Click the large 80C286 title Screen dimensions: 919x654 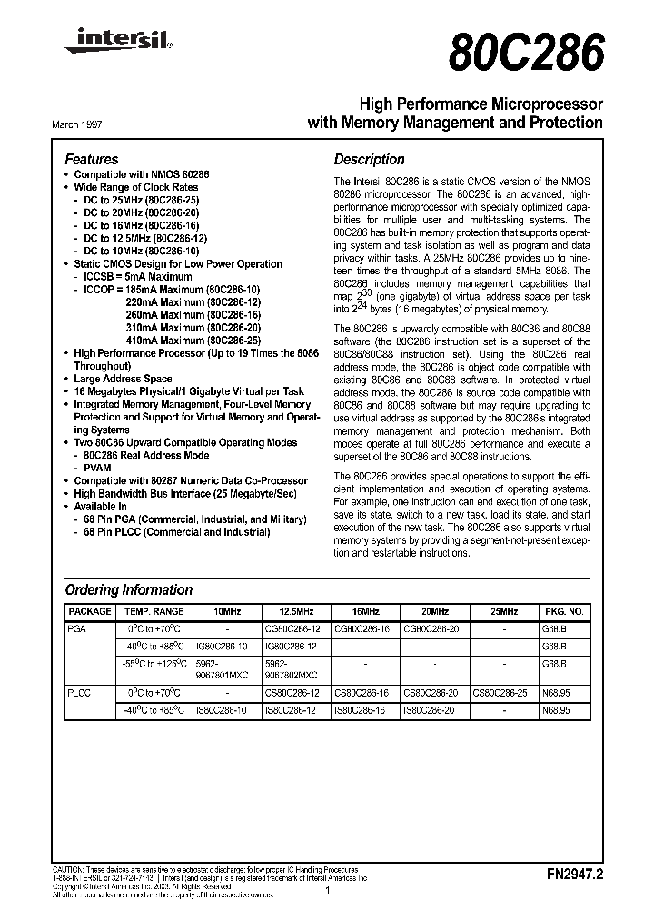[526, 52]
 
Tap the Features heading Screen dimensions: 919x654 [92, 159]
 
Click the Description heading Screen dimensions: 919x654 [369, 159]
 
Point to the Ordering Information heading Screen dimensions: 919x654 [129, 589]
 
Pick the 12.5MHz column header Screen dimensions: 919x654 [294, 612]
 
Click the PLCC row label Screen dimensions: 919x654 [79, 692]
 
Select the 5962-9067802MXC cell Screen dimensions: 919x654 [294, 670]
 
